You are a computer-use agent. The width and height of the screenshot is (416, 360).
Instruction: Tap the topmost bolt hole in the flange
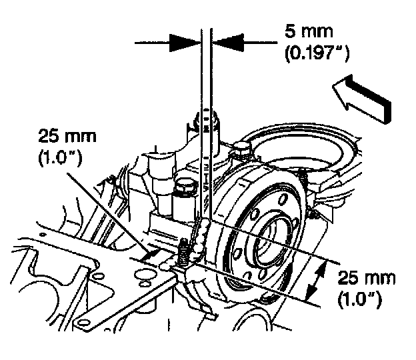click(281, 198)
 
